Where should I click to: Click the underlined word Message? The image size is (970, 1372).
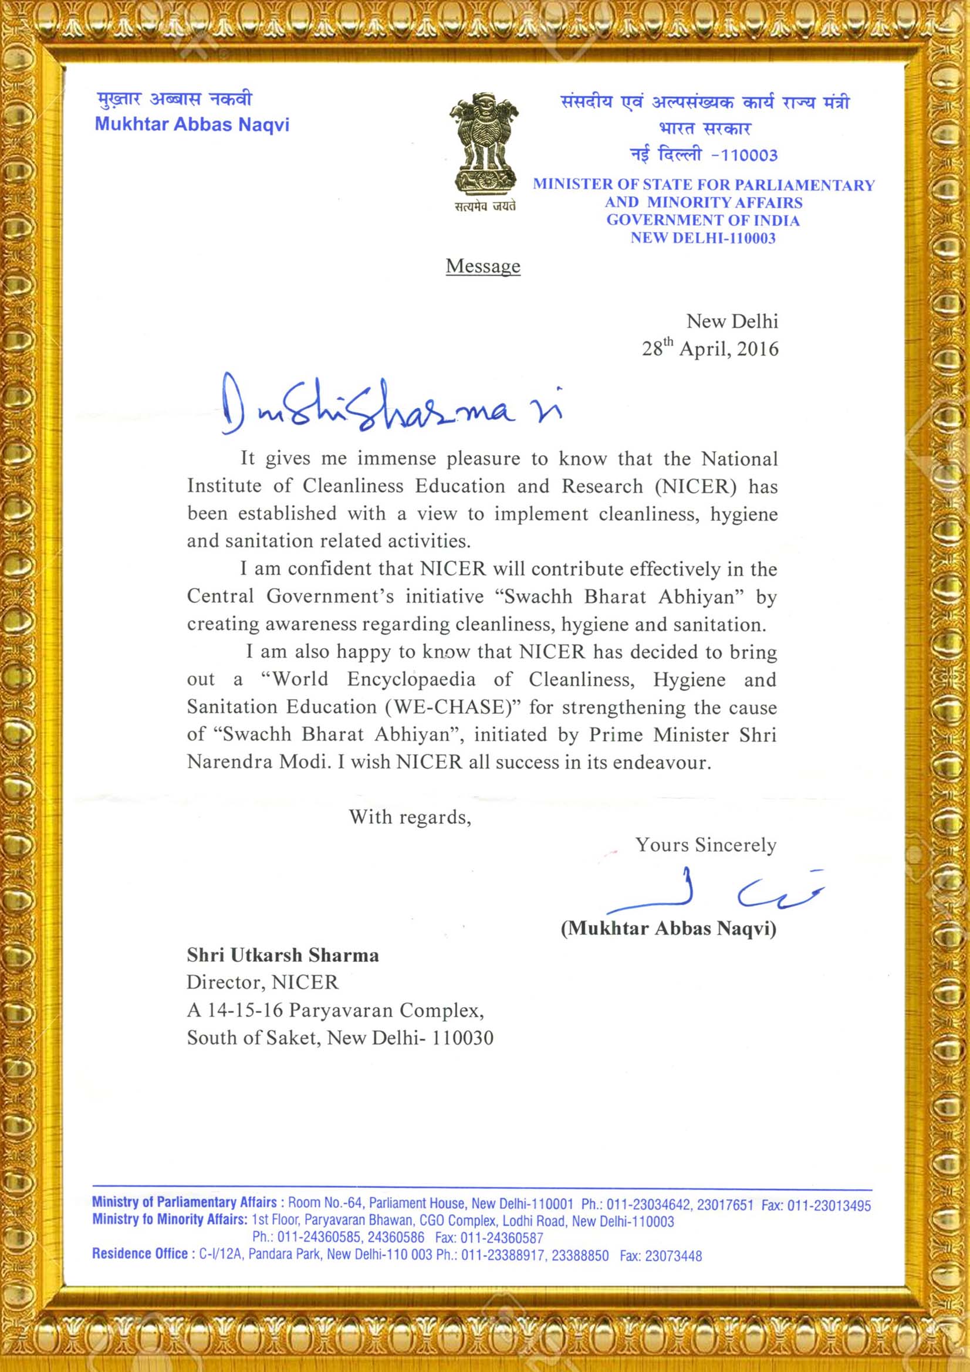[483, 266]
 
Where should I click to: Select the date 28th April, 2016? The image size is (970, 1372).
[710, 348]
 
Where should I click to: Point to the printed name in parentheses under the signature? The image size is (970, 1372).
[668, 928]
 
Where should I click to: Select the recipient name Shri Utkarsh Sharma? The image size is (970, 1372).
[283, 955]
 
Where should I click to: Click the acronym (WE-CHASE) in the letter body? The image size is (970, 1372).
[454, 707]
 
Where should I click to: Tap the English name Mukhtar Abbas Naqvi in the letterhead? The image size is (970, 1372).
[192, 124]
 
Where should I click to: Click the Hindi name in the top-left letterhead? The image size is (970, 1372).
[174, 99]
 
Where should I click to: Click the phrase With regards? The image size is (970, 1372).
[410, 817]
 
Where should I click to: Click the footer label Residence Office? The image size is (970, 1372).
[140, 1254]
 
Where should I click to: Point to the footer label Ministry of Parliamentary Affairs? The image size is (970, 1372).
[184, 1202]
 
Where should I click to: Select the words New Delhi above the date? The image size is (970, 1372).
[732, 321]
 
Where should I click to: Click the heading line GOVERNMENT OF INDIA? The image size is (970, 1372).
[703, 220]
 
